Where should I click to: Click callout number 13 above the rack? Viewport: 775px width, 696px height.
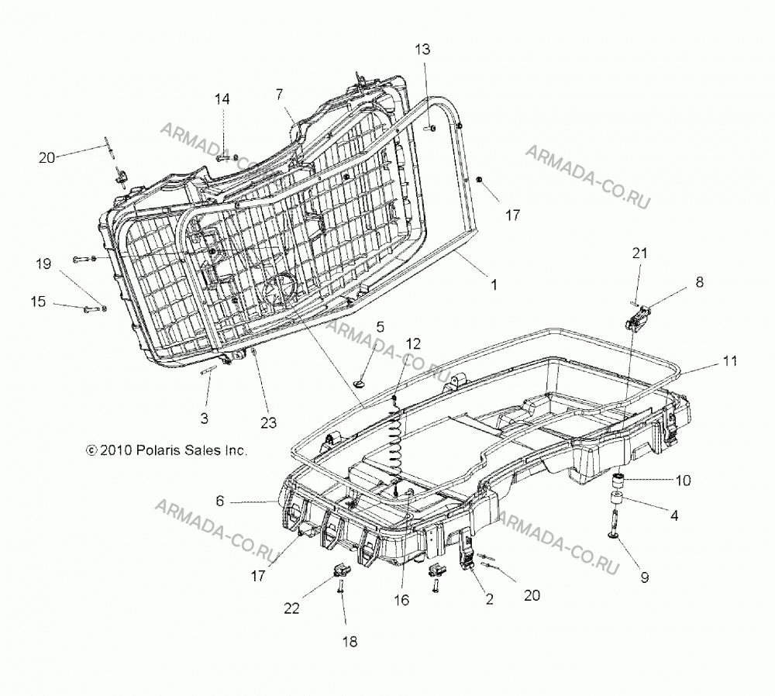click(422, 50)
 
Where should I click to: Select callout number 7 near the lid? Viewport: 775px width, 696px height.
click(280, 94)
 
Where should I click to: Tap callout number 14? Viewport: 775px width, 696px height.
click(222, 99)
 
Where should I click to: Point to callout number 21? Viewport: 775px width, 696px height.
click(639, 253)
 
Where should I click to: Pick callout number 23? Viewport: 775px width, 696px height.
click(269, 422)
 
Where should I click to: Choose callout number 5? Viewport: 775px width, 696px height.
click(380, 327)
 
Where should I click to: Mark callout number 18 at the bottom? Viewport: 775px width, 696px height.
click(350, 642)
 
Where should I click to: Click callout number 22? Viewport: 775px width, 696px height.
click(291, 608)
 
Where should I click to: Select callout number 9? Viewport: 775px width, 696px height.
click(645, 577)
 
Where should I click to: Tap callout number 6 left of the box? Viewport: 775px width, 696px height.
click(220, 501)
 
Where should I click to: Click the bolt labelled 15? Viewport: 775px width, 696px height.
click(92, 309)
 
